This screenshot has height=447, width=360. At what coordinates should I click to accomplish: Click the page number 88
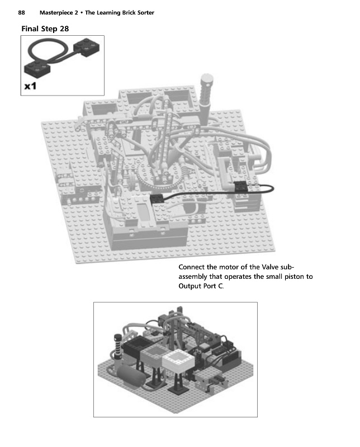pyautogui.click(x=22, y=12)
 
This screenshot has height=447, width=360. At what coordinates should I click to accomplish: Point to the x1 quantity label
pyautogui.click(x=31, y=86)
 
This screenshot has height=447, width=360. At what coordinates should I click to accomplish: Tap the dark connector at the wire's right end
pyautogui.click(x=241, y=188)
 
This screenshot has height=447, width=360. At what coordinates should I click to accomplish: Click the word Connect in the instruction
pyautogui.click(x=193, y=267)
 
